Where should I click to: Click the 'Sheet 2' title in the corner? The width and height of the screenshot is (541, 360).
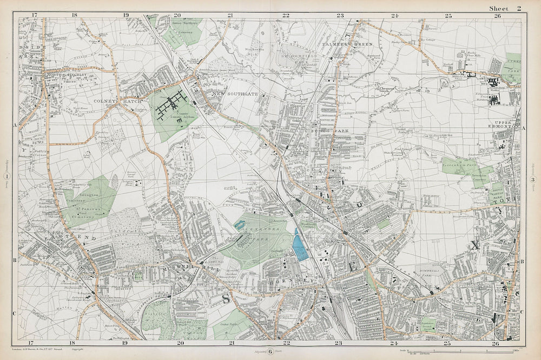[x=504, y=8]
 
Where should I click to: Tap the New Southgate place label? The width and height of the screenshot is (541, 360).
[x=219, y=94]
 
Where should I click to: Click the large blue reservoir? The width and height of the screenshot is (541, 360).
[x=299, y=245]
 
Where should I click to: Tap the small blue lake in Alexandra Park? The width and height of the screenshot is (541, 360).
[x=240, y=225]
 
